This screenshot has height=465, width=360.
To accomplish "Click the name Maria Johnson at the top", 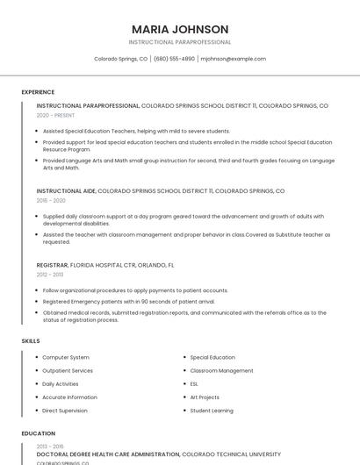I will (x=180, y=29).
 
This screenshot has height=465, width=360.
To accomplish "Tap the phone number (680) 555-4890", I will (x=174, y=59).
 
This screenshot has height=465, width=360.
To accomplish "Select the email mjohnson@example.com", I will (x=233, y=59).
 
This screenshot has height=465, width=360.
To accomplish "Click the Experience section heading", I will (x=38, y=92).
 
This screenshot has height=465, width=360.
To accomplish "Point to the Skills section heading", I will (x=31, y=340).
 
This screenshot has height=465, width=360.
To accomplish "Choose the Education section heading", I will (x=38, y=433).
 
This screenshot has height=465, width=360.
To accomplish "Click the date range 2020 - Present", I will (x=56, y=115).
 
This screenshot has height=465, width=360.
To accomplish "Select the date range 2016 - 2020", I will (x=51, y=200).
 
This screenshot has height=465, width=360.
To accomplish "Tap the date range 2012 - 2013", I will (x=50, y=274).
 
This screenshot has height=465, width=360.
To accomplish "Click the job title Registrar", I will (x=52, y=264).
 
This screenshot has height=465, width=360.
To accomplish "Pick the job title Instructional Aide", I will (x=65, y=190).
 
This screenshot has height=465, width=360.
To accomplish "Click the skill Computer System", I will (x=66, y=357).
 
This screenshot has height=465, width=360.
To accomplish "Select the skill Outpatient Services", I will (x=68, y=370).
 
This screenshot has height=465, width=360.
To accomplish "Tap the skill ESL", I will (x=194, y=383).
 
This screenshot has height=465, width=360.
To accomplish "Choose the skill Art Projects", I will (x=205, y=397).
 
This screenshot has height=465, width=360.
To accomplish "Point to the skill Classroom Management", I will (x=221, y=370).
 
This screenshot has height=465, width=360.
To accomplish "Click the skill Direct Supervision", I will (x=65, y=410).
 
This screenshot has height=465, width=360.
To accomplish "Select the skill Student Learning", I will (x=212, y=410).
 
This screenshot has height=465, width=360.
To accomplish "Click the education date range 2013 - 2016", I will (x=50, y=447).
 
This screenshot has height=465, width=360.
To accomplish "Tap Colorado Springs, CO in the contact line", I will (x=121, y=59).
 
